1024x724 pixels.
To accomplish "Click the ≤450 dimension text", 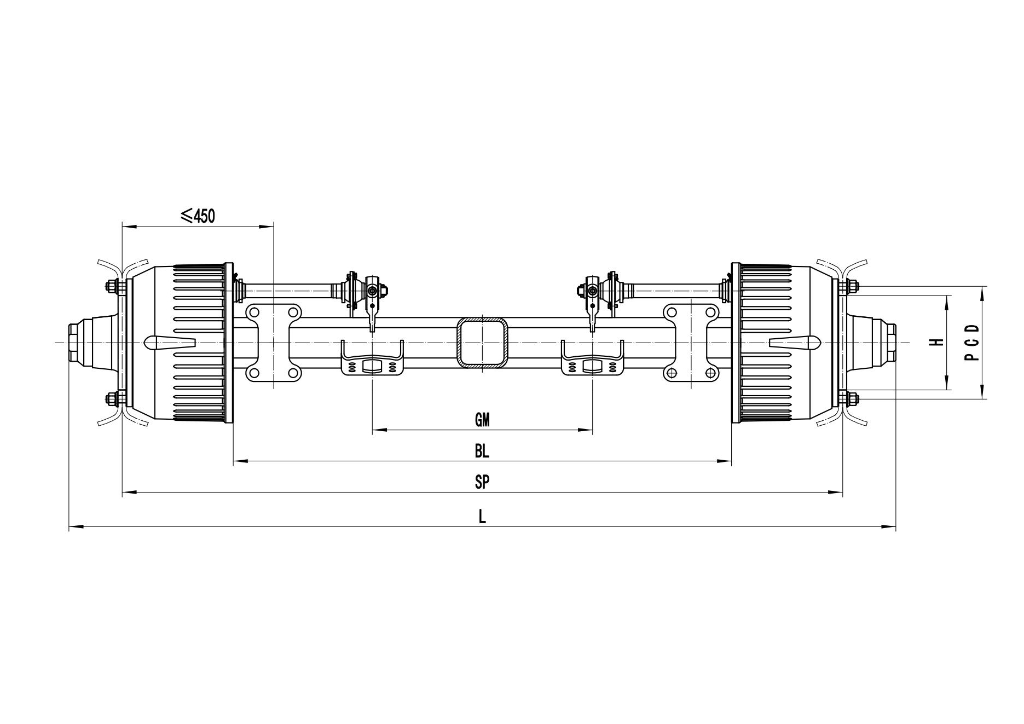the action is tap(198, 216).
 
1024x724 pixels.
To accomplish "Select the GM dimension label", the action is tap(482, 420).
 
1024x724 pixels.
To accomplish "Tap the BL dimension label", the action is tap(482, 451).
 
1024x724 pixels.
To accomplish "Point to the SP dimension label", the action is tap(482, 482).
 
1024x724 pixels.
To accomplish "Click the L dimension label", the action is tap(482, 517).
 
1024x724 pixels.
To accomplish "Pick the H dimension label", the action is tap(938, 342).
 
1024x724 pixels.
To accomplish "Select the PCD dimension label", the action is tap(972, 343).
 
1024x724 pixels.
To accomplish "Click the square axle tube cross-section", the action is tap(482, 341).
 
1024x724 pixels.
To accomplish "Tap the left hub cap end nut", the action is tap(74, 342).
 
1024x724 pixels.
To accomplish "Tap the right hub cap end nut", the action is tap(890, 342).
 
